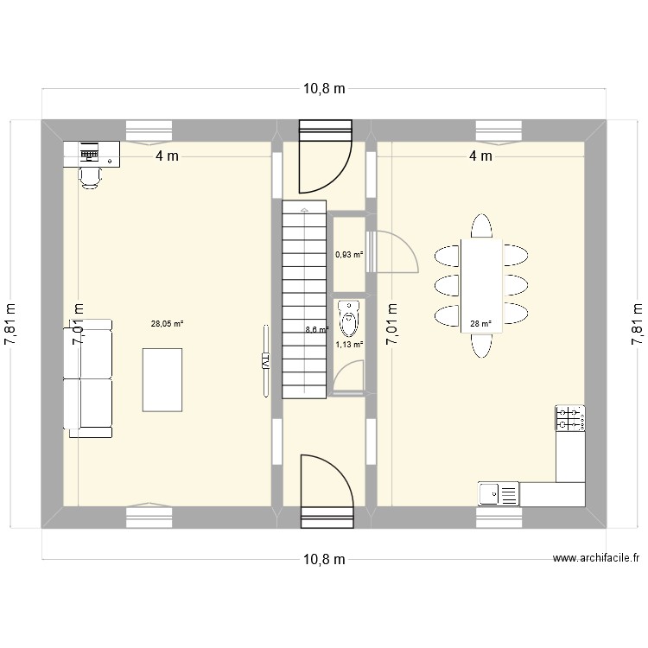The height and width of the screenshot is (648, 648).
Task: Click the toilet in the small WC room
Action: coord(348,318)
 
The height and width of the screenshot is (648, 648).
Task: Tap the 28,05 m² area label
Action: coord(167,325)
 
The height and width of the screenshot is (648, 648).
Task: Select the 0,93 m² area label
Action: coord(349,255)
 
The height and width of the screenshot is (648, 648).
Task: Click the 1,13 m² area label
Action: coord(349,344)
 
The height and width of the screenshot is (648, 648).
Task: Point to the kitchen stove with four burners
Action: coord(570,418)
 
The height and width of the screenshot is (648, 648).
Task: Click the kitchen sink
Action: coord(499,493)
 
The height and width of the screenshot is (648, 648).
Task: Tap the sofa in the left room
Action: coord(87,378)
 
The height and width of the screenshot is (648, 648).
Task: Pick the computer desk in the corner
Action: coord(92,155)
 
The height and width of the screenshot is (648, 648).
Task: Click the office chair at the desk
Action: coord(90,175)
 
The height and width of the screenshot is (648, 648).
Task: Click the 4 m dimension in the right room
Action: coord(480,156)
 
